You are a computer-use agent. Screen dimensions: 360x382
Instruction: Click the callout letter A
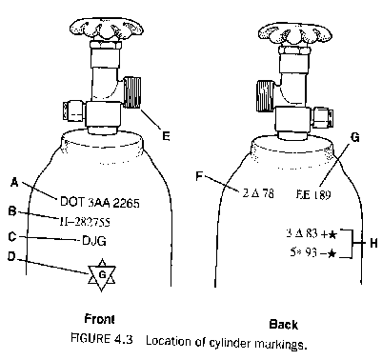(x=14, y=181)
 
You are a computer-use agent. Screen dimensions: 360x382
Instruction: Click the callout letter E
(x=166, y=137)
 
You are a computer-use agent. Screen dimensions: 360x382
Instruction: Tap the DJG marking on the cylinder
(x=92, y=241)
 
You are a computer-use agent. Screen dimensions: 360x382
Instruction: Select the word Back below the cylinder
(x=283, y=323)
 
